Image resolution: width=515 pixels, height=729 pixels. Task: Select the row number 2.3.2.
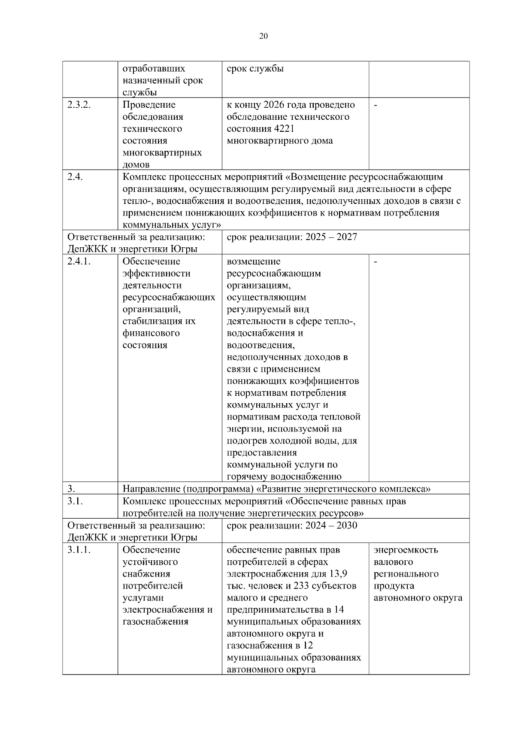click(x=79, y=105)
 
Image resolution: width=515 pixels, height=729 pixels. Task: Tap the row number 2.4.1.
click(x=79, y=261)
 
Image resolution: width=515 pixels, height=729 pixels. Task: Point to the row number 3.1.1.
click(x=79, y=550)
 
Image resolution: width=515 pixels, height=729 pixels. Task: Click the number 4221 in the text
click(x=282, y=129)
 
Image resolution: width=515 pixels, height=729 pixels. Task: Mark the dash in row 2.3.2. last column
click(x=376, y=105)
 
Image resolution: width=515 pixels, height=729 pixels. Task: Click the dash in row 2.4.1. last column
click(x=376, y=262)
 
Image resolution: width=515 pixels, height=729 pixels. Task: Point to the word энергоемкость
click(x=406, y=550)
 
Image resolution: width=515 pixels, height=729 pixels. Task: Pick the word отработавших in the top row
click(x=154, y=69)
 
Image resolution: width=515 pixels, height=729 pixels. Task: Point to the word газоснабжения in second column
click(x=155, y=622)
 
